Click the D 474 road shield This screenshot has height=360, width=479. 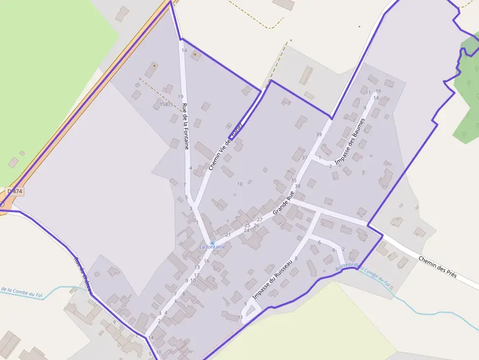coord(15,191)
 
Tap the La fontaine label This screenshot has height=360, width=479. coord(212,247)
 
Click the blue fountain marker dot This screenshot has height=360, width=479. coord(212,243)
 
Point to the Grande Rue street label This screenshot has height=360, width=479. coord(283,204)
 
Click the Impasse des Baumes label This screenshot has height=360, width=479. coord(350,141)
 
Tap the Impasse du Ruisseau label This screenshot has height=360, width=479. coord(273,280)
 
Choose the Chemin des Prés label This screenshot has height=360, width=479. coord(437,266)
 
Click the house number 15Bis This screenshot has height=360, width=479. coord(167,104)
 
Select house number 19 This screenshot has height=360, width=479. coord(181,97)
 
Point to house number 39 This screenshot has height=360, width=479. coord(319,134)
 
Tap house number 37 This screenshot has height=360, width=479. coord(305,158)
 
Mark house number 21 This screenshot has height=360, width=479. coord(228,235)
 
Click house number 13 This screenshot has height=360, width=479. coord(197,267)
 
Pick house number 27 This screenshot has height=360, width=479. coord(260,220)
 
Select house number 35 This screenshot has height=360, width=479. coord(294,181)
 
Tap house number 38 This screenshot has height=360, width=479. coord(297,186)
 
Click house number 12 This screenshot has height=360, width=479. coord(196,275)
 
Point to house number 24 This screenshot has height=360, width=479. coord(247,230)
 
